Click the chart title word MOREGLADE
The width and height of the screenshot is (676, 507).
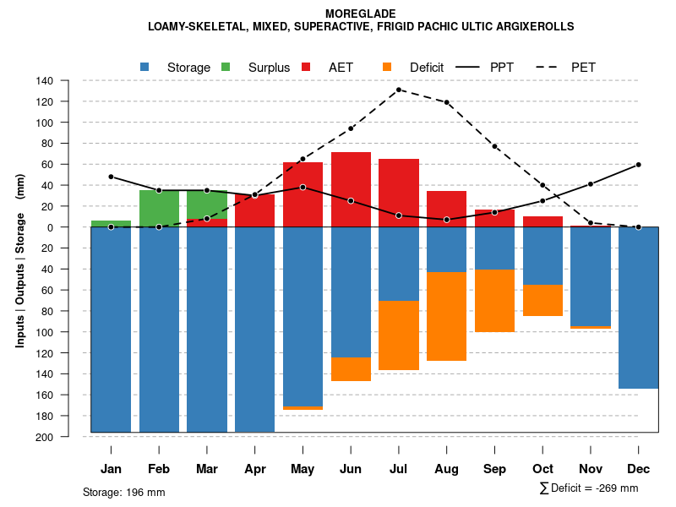tap(360, 14)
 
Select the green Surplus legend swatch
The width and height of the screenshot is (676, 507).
tap(226, 67)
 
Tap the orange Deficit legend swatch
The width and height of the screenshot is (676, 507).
tap(387, 67)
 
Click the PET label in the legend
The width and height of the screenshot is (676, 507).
tap(583, 67)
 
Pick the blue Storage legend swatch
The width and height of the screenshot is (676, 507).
tap(145, 67)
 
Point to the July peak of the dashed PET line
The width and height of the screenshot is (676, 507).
tap(399, 90)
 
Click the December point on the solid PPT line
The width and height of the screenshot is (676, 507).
tap(638, 165)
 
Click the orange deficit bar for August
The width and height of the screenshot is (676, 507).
tap(446, 316)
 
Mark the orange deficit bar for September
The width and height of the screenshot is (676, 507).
tap(494, 301)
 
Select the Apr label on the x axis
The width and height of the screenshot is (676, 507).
tap(254, 469)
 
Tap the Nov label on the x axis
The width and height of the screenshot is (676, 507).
tap(590, 469)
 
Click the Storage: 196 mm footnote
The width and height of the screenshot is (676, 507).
tap(123, 492)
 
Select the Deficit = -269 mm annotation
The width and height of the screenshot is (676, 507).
tap(589, 488)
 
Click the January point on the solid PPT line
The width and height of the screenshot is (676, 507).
tap(111, 177)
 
